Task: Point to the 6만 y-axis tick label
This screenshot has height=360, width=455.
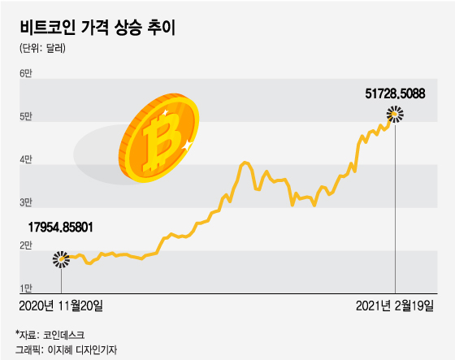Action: point(25,75)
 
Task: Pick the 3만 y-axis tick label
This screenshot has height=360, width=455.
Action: point(25,202)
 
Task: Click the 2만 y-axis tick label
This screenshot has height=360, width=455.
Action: point(25,245)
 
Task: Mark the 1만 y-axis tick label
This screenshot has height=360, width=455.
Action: point(25,288)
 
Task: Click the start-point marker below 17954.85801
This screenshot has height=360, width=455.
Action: point(61,259)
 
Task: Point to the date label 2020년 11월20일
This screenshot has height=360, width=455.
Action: point(61,306)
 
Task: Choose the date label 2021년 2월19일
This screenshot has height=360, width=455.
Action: point(396,306)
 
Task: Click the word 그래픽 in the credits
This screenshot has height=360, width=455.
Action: point(28,349)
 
